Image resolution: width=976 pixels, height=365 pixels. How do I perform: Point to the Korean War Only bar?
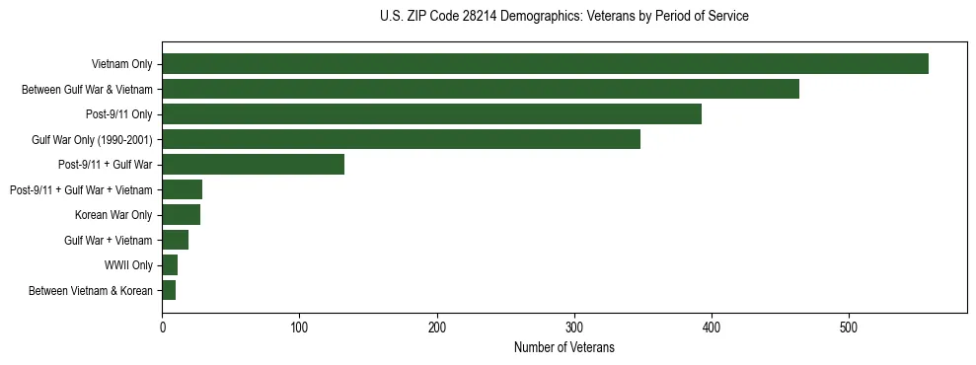point(182,215)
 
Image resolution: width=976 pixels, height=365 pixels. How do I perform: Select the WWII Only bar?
point(170,265)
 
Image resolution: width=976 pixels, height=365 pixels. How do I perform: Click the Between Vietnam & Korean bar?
point(169,290)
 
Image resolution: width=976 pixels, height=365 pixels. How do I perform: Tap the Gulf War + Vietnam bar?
point(176,240)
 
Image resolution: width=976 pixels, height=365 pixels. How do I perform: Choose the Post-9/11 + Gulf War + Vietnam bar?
point(183,189)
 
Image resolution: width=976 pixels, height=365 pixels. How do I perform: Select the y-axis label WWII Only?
point(128,265)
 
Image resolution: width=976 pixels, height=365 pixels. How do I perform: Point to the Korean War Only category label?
point(113,215)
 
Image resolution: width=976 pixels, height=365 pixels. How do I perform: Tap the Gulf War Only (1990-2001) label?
point(92,139)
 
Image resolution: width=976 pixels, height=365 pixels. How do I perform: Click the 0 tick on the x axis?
point(162,326)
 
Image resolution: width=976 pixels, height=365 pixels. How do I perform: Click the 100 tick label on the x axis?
point(299,326)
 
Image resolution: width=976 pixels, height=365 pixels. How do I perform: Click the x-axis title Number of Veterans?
point(563,347)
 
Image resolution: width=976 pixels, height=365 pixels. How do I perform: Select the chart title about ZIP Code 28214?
point(563,16)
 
